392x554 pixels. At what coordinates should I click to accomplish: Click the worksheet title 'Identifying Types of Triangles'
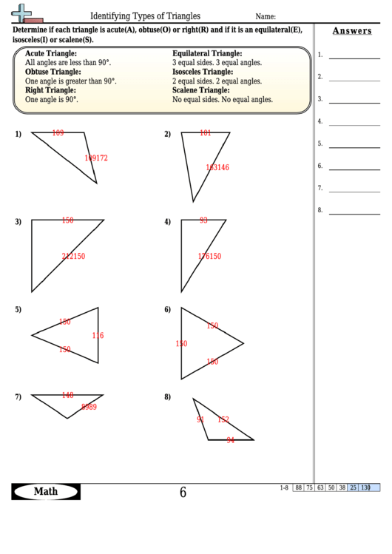[x=145, y=16]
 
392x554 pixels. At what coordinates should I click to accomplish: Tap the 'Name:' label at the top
[x=266, y=16]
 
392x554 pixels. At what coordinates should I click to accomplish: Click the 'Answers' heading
[x=352, y=31]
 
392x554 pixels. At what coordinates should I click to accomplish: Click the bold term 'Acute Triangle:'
[x=53, y=54]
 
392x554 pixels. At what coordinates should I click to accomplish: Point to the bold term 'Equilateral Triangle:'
[x=207, y=54]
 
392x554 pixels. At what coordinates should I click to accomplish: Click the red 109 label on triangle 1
[x=58, y=133]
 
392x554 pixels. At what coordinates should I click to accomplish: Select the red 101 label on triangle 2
[x=206, y=133]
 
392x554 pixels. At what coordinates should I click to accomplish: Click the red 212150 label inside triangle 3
[x=73, y=257]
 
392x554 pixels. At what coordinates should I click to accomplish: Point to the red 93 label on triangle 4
[x=203, y=220]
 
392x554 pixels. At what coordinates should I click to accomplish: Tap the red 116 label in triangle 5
[x=98, y=336]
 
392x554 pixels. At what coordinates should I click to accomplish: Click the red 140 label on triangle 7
[x=67, y=395]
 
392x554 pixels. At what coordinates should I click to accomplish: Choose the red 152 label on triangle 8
[x=223, y=419]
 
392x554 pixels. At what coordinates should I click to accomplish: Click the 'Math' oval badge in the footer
[x=46, y=492]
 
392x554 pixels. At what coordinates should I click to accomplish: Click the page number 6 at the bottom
[x=183, y=493]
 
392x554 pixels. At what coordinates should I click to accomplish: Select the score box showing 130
[x=365, y=487]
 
